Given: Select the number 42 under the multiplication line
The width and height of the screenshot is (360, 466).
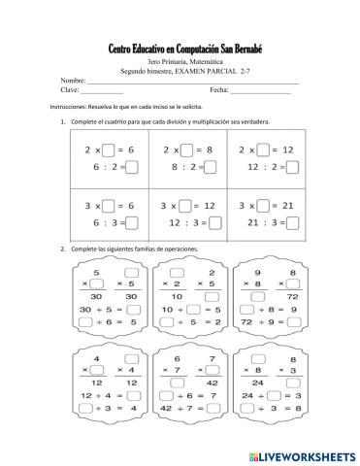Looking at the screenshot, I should (x=209, y=384).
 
